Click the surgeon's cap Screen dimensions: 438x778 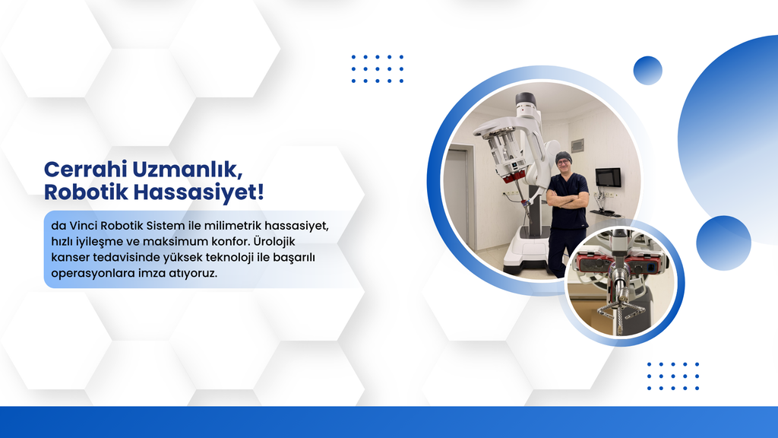pyautogui.click(x=563, y=157)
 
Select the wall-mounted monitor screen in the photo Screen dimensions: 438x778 pyautogui.click(x=608, y=177)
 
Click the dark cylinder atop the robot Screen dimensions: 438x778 pyautogui.click(x=526, y=100)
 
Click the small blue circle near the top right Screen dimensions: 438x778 pyautogui.click(x=648, y=71)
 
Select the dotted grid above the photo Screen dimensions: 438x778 pyautogui.click(x=378, y=68)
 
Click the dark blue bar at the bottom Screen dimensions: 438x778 pyautogui.click(x=389, y=422)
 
